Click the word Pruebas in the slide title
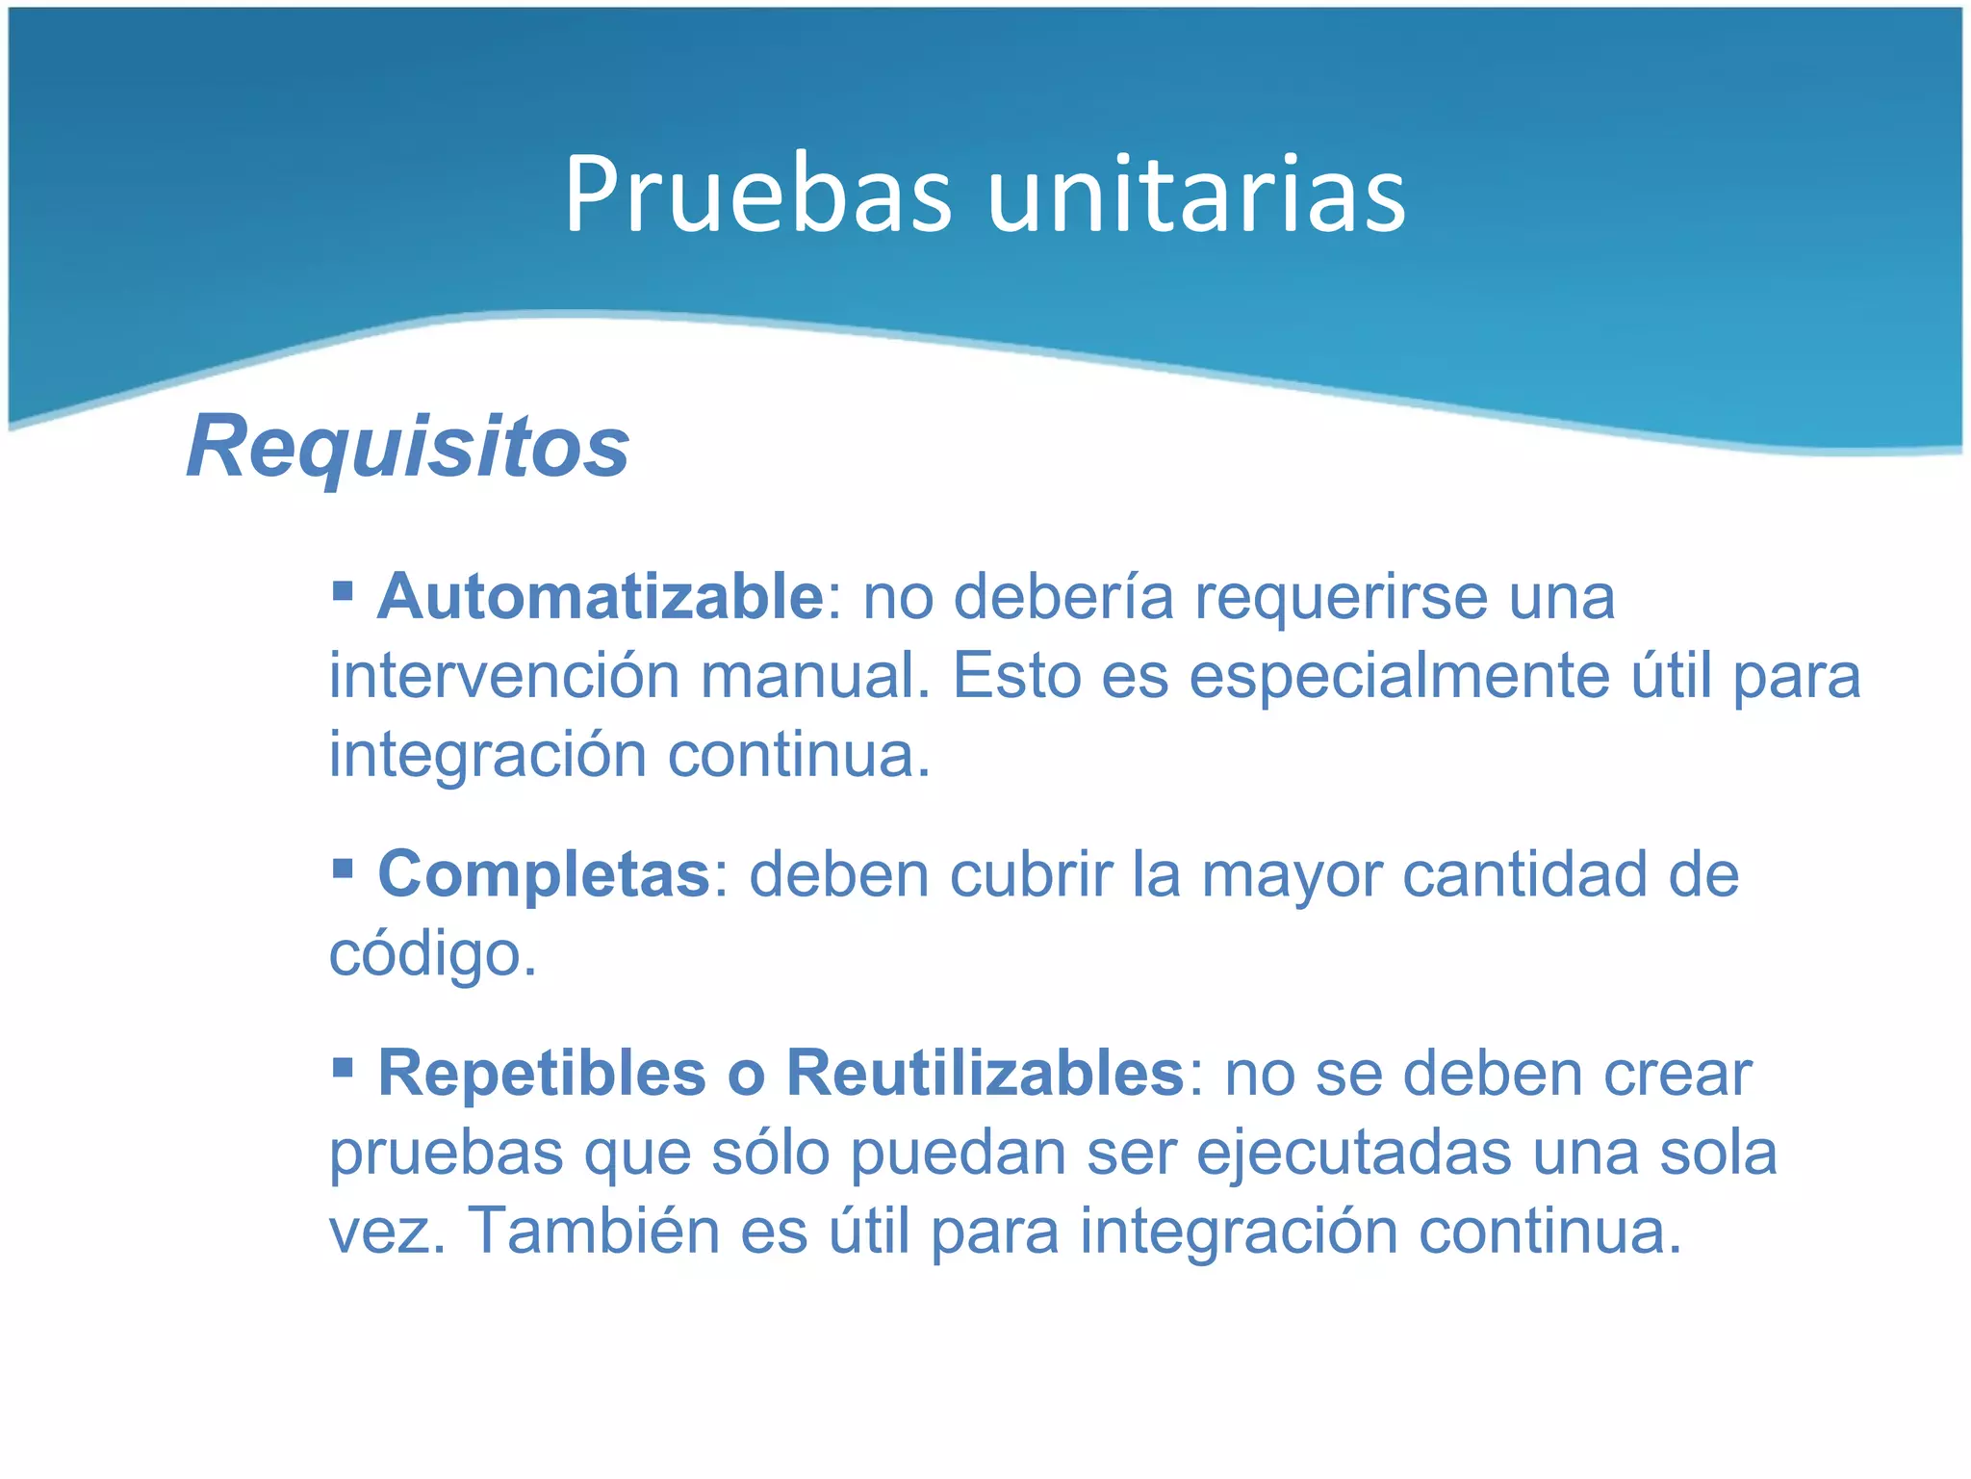click(x=758, y=196)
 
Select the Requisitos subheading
click(x=408, y=445)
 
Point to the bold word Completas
click(x=544, y=874)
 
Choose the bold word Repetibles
click(x=543, y=1073)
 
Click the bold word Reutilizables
click(x=985, y=1073)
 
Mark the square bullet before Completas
click(x=343, y=868)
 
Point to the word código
click(x=433, y=955)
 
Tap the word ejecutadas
click(x=1354, y=1153)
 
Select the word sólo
click(x=770, y=1153)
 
